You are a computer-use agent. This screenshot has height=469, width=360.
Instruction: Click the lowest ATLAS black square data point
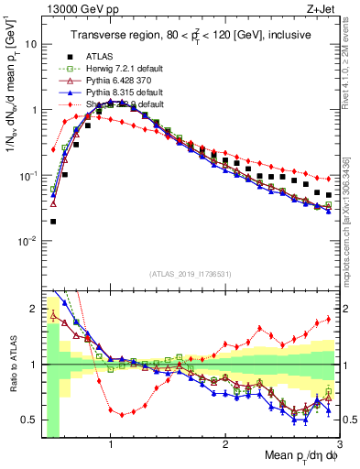53,221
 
